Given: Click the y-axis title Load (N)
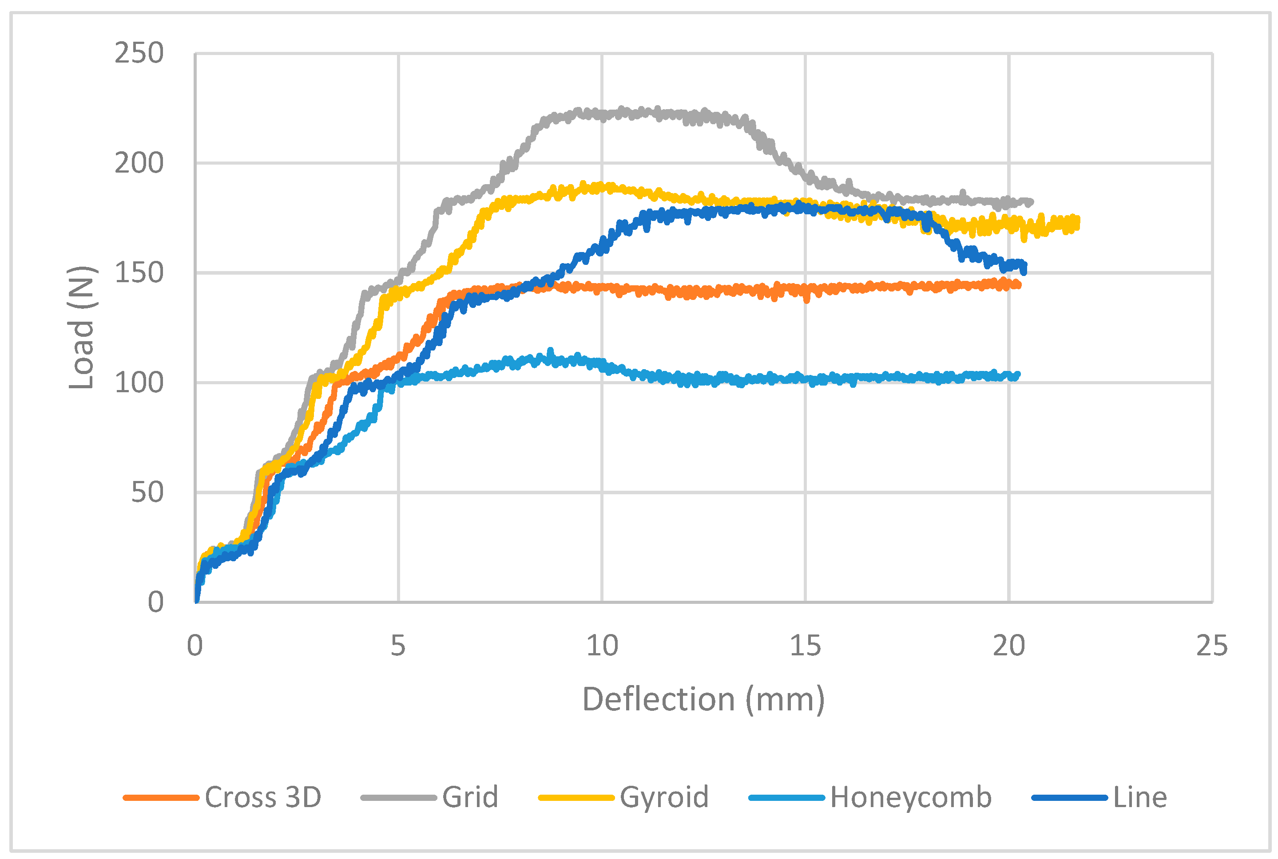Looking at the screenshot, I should [81, 327].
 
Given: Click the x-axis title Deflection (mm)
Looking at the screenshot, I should [703, 700].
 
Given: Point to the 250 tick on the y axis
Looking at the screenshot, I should [139, 54].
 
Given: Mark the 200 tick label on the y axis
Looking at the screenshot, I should [139, 163].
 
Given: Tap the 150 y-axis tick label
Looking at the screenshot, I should [139, 273].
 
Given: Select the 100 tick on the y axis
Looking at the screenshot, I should [139, 382].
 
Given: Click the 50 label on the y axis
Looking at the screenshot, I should [147, 493].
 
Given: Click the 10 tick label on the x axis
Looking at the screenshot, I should [602, 645].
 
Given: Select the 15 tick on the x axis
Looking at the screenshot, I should [806, 645].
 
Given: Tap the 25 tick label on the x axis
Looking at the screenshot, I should [1212, 645].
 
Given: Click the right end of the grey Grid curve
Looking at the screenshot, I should [1031, 202].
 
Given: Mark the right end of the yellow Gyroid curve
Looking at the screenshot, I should [1077, 222].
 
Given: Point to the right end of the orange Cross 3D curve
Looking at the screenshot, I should [1019, 284].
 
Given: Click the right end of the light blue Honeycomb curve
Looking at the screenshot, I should [1018, 375].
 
